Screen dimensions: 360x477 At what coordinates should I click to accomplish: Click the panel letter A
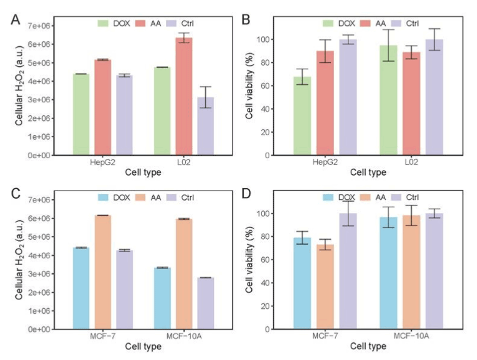(x=15, y=21)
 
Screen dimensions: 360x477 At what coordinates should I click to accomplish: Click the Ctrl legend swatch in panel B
(x=398, y=23)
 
